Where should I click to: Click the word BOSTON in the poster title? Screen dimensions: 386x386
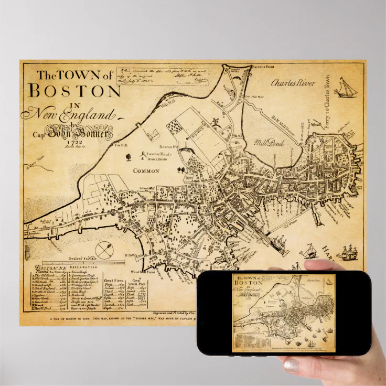(74, 91)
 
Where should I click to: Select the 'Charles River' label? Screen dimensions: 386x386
(293, 83)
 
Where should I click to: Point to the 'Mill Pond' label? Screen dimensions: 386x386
(269, 142)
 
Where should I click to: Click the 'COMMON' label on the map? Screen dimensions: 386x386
(146, 171)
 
